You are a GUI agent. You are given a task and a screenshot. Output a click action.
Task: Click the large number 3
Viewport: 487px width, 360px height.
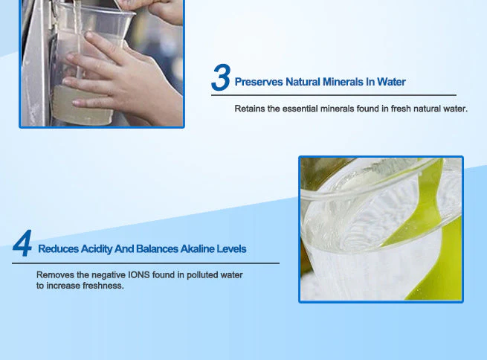point(221,79)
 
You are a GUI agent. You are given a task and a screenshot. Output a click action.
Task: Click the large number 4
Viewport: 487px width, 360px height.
point(23,245)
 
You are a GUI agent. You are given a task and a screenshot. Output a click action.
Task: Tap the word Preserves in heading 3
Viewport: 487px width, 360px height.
point(259,82)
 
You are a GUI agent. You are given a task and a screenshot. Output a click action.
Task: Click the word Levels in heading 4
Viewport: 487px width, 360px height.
point(230,248)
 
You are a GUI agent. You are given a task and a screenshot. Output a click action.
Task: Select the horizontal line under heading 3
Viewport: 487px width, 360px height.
point(334,95)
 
